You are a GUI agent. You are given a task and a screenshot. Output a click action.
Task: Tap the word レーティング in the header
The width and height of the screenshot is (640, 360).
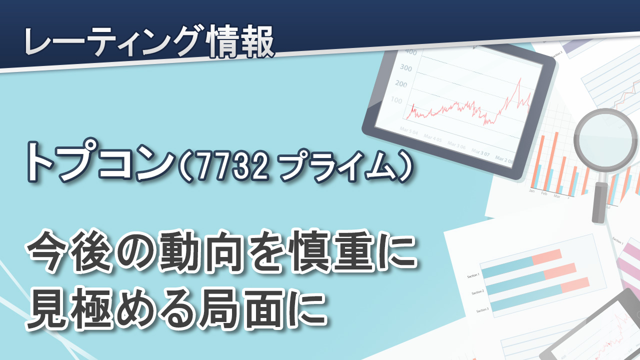tap(114, 41)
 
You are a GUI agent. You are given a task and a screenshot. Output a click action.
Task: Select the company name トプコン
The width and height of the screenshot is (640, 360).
tap(100, 161)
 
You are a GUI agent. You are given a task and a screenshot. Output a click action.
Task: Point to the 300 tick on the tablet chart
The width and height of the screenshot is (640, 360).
tap(406, 67)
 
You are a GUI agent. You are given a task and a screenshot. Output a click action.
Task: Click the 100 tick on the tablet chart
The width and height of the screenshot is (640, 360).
tap(396, 100)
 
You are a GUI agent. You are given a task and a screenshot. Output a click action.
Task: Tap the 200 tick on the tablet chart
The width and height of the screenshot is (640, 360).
tap(401, 83)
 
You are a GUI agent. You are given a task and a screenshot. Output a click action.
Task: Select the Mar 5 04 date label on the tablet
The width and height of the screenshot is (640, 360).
tap(409, 131)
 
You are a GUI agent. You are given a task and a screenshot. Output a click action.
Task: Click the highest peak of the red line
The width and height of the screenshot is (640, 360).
tap(519, 78)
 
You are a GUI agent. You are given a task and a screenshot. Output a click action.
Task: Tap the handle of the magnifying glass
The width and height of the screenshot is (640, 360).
tap(599, 202)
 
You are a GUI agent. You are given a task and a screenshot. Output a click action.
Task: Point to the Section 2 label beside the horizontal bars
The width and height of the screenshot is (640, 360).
tap(477, 292)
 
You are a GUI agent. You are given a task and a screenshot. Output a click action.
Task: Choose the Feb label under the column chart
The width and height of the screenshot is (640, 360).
tap(544, 193)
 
